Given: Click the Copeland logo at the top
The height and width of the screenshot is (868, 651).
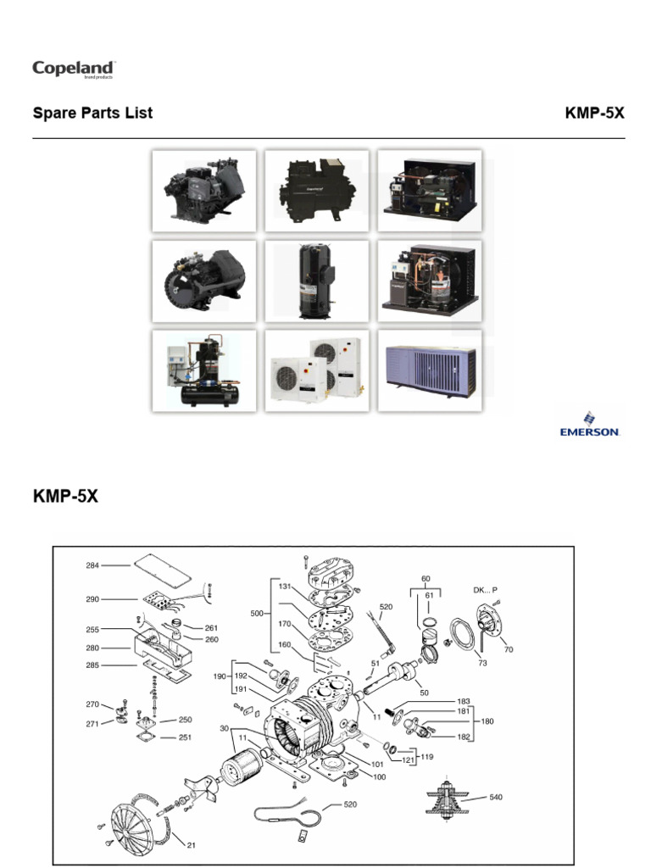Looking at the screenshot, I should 74,69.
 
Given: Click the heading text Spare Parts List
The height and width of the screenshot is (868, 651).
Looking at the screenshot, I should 92,113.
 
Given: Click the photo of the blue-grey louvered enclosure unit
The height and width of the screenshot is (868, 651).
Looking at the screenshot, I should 430,370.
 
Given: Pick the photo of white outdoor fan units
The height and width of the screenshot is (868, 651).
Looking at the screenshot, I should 317,370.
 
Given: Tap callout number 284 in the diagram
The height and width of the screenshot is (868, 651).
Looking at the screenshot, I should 93,565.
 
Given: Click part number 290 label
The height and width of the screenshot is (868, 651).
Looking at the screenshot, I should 93,599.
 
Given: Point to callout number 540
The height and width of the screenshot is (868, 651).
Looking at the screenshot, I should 496,798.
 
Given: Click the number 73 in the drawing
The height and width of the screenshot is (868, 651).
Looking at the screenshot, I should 482,663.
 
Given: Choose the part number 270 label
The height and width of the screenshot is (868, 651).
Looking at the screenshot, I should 93,704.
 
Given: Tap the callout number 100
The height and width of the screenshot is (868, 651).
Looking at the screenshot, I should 380,777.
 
